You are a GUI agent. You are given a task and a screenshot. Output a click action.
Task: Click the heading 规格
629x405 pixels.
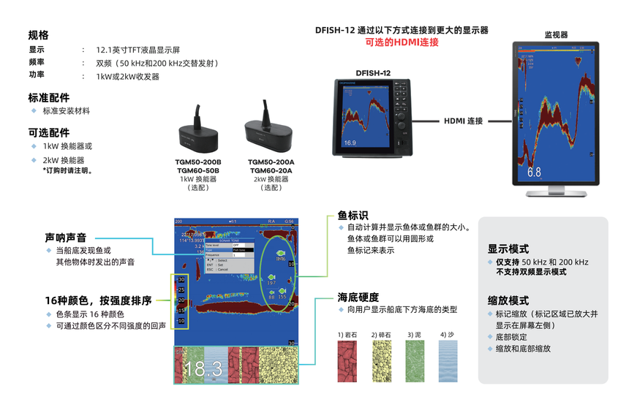point(39,35)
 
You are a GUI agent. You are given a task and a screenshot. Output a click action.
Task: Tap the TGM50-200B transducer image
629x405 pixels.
point(200,133)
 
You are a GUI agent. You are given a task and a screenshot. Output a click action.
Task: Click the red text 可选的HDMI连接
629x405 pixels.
point(402,42)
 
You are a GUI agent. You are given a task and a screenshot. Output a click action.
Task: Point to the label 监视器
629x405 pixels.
point(556,34)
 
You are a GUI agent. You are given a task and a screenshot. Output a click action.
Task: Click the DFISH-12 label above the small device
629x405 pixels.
point(373,72)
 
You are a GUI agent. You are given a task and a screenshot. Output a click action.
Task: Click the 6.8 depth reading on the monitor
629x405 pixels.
point(534,173)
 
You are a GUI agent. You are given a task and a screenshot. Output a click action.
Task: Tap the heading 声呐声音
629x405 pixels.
point(66,238)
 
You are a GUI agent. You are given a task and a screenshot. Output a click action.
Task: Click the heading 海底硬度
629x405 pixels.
point(358,298)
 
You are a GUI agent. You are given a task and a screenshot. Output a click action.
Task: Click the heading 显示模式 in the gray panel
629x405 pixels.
point(508,249)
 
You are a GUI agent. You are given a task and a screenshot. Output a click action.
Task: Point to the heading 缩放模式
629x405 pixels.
point(508,300)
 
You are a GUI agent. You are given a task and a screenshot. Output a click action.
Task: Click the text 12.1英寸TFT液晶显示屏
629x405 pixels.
point(138,50)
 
